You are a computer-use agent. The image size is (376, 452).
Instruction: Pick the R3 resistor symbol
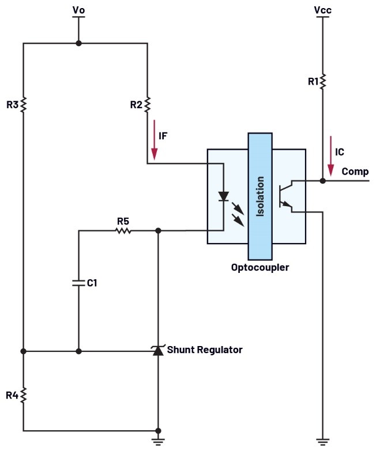(24, 104)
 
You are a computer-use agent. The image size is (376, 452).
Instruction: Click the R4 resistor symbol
(24, 395)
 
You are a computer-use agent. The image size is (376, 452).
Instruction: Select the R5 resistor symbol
(123, 231)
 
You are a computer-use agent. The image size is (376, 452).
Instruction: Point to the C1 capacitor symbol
(79, 283)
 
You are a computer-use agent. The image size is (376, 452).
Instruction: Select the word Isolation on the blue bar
(260, 196)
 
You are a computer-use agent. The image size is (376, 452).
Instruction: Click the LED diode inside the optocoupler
(223, 196)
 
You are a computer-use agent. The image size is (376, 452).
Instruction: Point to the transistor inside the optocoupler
(285, 196)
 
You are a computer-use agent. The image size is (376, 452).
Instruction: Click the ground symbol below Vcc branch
(322, 442)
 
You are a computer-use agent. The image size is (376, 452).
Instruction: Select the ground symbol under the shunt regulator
(158, 442)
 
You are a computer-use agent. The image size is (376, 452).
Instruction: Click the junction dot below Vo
(79, 43)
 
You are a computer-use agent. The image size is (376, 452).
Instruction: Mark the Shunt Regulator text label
(205, 350)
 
